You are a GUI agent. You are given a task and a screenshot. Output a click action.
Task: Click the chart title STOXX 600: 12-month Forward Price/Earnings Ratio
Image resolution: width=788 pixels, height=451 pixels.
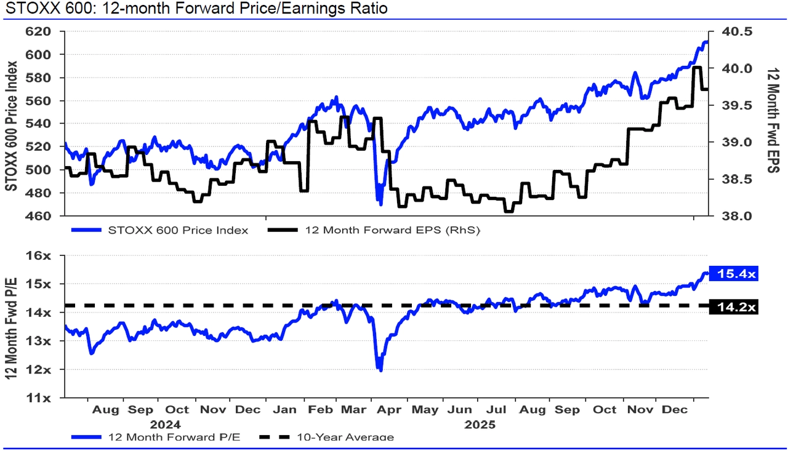[196, 9]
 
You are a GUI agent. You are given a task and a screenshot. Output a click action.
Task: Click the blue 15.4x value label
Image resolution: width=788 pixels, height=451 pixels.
[734, 274]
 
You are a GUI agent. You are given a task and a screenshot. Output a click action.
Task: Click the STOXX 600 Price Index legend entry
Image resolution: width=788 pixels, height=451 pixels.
[178, 231]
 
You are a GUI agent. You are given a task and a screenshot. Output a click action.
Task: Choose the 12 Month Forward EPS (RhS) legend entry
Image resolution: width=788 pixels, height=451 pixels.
[392, 231]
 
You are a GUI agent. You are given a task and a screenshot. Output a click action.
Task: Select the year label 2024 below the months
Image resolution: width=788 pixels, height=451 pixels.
[165, 425]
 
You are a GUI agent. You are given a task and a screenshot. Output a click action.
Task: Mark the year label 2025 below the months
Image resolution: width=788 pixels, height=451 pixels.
[480, 425]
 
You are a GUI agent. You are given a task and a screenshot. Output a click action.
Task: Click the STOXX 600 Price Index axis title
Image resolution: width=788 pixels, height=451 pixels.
[11, 123]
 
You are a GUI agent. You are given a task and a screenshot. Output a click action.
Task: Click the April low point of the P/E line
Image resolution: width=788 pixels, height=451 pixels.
[380, 370]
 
